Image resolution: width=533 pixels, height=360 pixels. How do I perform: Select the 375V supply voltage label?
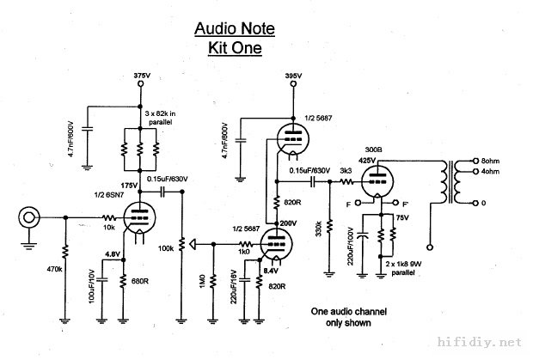point(143,76)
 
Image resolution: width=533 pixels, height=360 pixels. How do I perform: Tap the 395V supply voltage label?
point(293,76)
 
